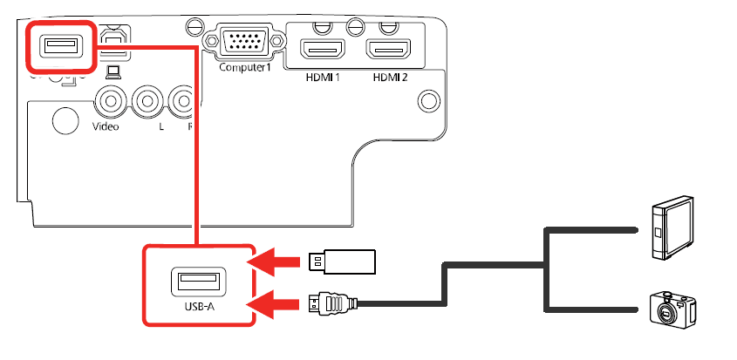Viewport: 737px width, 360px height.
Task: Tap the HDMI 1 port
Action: (x=323, y=49)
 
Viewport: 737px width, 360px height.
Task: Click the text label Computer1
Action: (x=240, y=67)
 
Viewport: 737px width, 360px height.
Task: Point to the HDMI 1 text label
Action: (x=322, y=76)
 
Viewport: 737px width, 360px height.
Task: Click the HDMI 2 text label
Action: (x=391, y=76)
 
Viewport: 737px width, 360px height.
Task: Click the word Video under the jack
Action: (x=106, y=126)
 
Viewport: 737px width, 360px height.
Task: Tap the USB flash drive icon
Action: (x=343, y=260)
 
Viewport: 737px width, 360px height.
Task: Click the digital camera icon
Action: (x=673, y=309)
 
